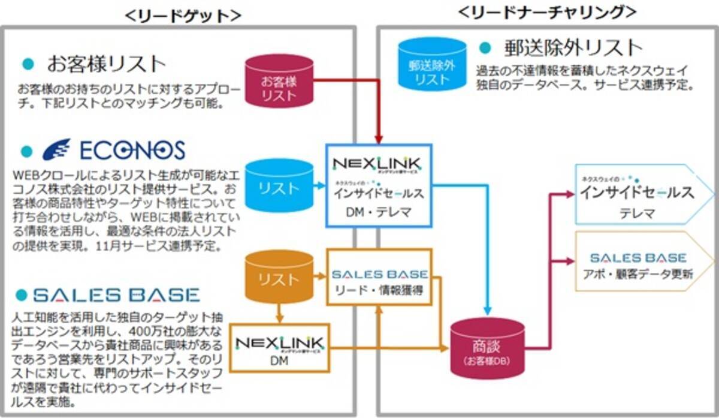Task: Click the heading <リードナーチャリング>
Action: tap(546, 12)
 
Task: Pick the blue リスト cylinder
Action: tap(279, 187)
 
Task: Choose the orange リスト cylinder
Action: tap(279, 277)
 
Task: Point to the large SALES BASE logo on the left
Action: tap(116, 294)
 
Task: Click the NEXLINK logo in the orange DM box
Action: tap(279, 344)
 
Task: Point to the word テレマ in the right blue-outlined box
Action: tap(638, 212)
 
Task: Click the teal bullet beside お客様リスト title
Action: tap(27, 63)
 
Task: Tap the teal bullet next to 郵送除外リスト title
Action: tap(485, 47)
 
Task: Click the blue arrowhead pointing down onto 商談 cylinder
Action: tap(487, 311)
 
